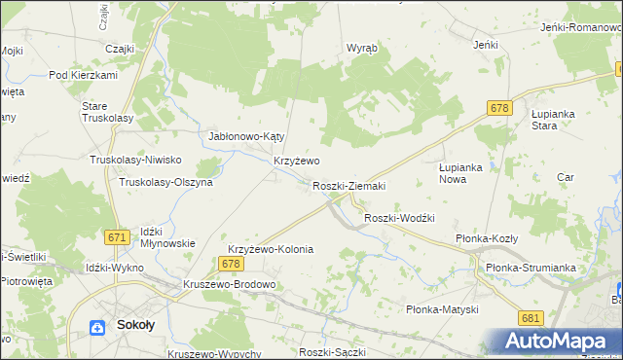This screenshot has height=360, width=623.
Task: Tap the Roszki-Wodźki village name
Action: coord(398,218)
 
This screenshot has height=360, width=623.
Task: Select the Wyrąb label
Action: coord(362,48)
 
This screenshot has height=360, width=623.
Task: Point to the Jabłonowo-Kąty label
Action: coord(246,136)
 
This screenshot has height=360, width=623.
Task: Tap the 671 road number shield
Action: coord(119,237)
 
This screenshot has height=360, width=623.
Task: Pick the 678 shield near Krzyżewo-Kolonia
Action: coord(231,264)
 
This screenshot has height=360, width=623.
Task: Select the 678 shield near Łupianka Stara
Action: coord(500,109)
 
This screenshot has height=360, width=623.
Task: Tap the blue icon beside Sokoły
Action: coord(98,329)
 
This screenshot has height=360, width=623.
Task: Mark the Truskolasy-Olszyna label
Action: coord(165,182)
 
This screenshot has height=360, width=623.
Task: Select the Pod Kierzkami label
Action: coord(83,76)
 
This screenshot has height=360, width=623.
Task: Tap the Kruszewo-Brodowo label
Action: coord(230,284)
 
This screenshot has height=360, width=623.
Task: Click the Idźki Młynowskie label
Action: coord(168,237)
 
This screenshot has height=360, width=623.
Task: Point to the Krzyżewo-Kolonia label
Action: coord(271,249)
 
